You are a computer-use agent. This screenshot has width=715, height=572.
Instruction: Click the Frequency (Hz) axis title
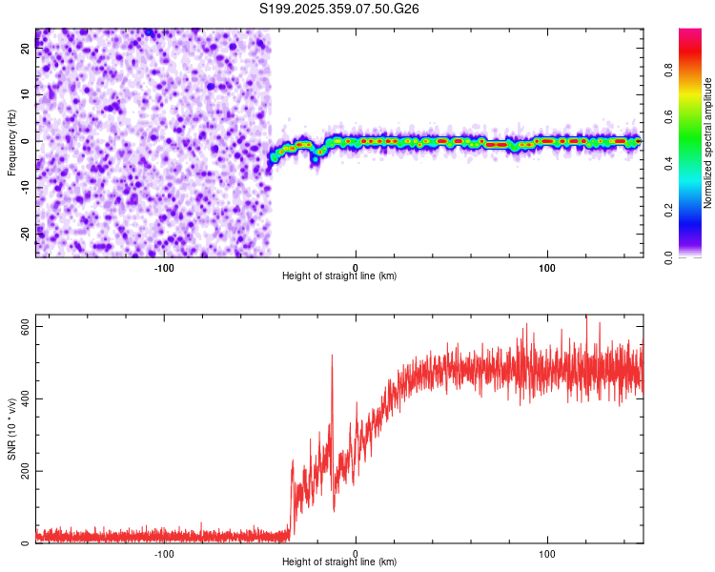(11, 142)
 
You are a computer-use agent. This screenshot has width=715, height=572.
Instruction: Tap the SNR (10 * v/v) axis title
(11, 428)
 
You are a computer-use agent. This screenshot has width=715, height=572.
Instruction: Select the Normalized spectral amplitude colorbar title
(708, 143)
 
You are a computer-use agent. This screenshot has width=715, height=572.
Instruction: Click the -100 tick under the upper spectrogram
(164, 266)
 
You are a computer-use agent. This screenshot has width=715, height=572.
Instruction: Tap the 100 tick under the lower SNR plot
(547, 552)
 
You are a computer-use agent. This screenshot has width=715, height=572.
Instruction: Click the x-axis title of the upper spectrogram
(339, 276)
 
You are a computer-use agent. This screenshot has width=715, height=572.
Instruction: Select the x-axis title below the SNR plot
(339, 562)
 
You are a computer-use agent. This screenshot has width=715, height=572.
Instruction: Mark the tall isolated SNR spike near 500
(332, 357)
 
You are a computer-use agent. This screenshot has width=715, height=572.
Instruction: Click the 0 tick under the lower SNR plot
(356, 552)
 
